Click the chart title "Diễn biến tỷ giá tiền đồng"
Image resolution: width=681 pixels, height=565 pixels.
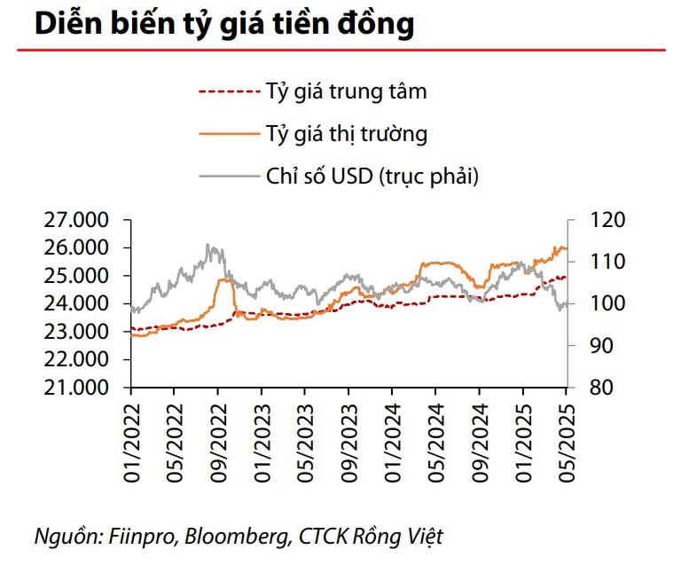coord(224,24)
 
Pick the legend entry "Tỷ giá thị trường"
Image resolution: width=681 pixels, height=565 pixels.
coord(346,134)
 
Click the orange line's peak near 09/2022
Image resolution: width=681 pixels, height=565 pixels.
coord(224,279)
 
